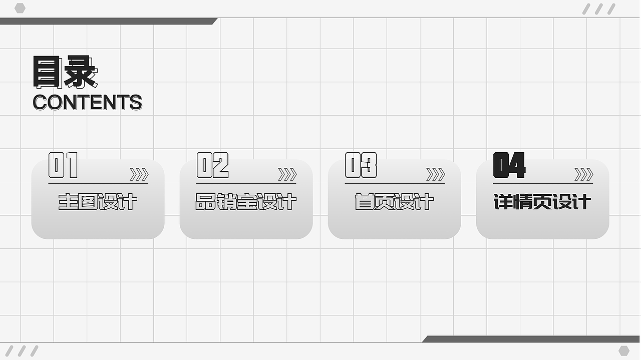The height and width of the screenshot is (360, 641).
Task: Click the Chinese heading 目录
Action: pos(66,72)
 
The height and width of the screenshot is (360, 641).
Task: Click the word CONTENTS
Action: pos(88,102)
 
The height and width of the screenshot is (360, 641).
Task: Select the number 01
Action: pos(63,165)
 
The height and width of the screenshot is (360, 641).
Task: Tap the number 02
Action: pos(213,165)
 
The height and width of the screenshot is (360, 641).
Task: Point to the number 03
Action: pos(361,165)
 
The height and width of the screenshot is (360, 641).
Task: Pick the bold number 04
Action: pos(509,165)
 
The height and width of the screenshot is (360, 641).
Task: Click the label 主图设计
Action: pos(98,202)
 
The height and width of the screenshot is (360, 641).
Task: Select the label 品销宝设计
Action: pos(246,202)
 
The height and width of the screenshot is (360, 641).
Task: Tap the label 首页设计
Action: pos(394,202)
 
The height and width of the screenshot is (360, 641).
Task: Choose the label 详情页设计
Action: pos(542,202)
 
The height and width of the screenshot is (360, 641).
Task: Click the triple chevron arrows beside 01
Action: pos(139,174)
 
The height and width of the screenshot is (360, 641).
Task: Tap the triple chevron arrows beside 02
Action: pos(287,174)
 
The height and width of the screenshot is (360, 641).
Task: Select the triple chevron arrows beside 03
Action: pos(436,174)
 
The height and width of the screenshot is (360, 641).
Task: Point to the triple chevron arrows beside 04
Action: pos(584,174)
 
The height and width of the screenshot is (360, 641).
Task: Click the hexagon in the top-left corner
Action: pos(20,9)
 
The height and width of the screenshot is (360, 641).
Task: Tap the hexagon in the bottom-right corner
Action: pos(624,351)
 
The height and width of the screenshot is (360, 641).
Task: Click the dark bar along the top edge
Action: pos(109,21)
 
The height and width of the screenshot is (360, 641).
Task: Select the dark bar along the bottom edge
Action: pos(531,339)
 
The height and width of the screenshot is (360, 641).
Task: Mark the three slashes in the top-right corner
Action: pos(598,9)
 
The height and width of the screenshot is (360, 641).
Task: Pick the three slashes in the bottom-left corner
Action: pos(22,351)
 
